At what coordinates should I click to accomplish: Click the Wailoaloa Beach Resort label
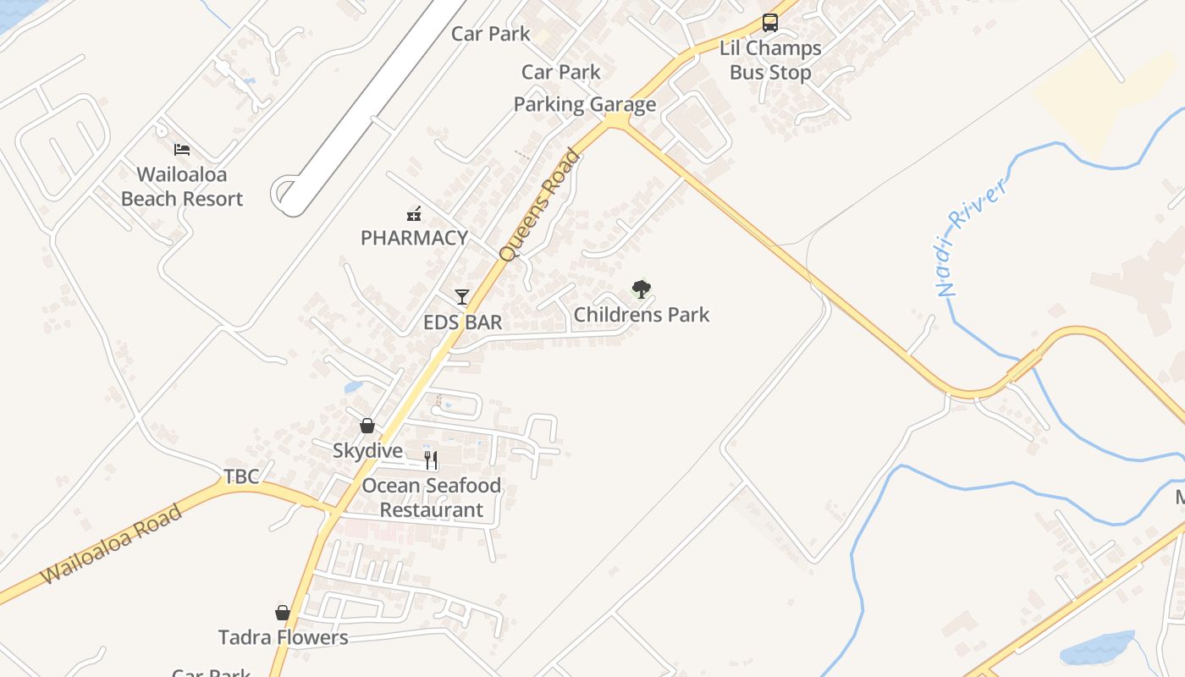click(182, 187)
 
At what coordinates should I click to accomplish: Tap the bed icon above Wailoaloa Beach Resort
click(182, 150)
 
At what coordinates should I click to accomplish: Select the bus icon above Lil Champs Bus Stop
click(770, 23)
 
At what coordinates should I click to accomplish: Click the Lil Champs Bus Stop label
click(770, 60)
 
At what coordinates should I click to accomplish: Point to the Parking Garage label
click(585, 105)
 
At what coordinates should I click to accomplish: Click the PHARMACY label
click(414, 238)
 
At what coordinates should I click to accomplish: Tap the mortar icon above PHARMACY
click(414, 213)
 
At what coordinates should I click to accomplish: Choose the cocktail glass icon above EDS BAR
click(462, 296)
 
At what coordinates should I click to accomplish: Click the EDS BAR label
click(462, 322)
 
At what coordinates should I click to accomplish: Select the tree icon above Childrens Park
click(642, 289)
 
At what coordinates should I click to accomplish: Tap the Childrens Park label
click(642, 315)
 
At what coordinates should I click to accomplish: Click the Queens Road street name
click(539, 206)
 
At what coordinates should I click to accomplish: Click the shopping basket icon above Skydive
click(367, 425)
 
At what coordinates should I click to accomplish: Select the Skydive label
click(367, 451)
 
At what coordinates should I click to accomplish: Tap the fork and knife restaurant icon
click(432, 460)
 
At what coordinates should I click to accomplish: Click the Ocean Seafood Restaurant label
click(432, 498)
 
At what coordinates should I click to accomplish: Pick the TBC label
click(241, 476)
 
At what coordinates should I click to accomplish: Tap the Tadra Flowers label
click(283, 637)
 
